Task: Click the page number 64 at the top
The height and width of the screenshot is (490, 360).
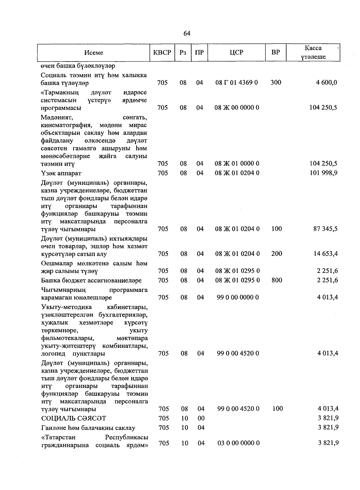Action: (x=187, y=34)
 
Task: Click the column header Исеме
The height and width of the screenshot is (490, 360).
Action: (x=94, y=53)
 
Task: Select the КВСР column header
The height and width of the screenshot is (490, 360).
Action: (x=162, y=52)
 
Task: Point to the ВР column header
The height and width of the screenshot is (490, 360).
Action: (x=275, y=52)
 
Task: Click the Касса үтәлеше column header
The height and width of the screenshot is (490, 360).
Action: (x=313, y=53)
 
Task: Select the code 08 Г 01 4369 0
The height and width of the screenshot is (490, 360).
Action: (x=237, y=83)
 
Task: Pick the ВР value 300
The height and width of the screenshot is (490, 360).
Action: (x=276, y=82)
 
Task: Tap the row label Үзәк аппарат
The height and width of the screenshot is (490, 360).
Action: (x=61, y=173)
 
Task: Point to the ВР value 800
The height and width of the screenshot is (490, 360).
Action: (x=276, y=280)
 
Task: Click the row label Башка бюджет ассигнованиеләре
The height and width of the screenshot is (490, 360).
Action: (x=91, y=281)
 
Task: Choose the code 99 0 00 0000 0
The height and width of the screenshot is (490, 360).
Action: (x=238, y=297)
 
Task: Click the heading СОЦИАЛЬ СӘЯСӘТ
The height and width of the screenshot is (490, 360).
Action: (x=73, y=418)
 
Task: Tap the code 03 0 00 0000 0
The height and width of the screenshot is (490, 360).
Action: (x=238, y=443)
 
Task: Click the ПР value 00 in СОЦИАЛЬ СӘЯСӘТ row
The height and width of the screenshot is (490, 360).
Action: (x=201, y=418)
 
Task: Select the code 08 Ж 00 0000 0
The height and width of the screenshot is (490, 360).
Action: (x=237, y=107)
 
